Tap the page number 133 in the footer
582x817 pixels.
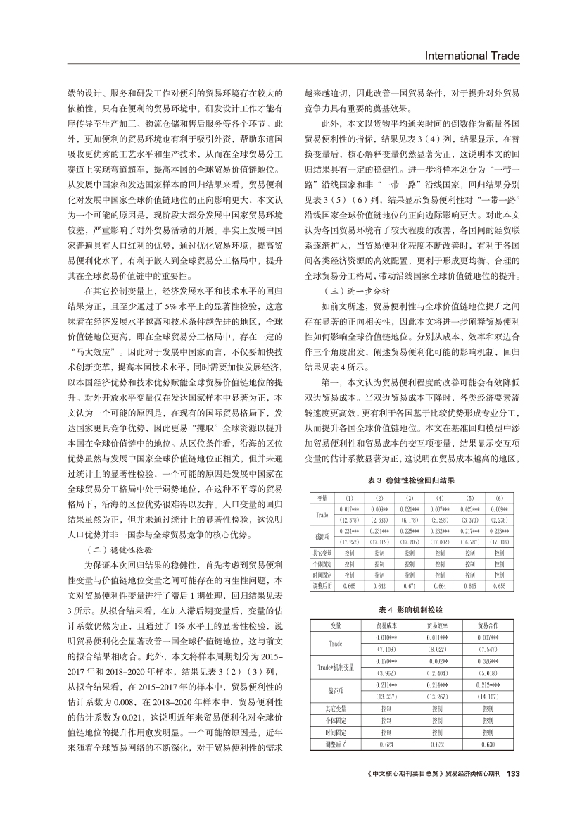[513, 773]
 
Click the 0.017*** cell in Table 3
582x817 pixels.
[348, 506]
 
